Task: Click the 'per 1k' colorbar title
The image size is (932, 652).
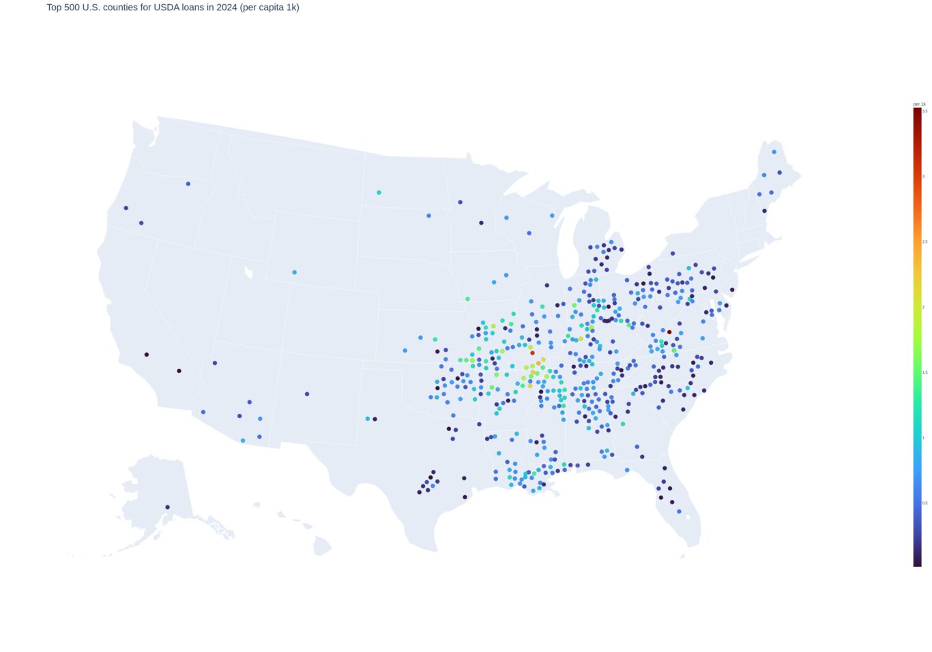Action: pos(919,104)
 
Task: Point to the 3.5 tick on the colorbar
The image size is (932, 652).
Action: pos(925,110)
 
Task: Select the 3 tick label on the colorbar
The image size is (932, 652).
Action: pos(924,176)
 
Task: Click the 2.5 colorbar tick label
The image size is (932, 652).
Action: pos(925,241)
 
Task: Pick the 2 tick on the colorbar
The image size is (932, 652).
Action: pos(924,307)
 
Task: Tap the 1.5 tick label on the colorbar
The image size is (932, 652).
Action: pos(925,372)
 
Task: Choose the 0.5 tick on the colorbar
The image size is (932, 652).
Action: pos(925,503)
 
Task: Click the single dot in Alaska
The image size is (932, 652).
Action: pos(167,507)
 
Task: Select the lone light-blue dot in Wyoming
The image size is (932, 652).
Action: pos(295,272)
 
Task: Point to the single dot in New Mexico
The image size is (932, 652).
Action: pos(307,394)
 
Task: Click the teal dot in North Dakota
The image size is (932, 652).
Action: pos(379,192)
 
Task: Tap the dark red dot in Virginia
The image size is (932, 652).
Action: pos(669,332)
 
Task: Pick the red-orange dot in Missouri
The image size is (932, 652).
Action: pos(533,353)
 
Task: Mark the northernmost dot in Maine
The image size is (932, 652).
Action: pos(774,152)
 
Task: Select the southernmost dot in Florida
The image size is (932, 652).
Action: pos(679,511)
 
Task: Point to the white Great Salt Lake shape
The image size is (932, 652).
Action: pos(248,273)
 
